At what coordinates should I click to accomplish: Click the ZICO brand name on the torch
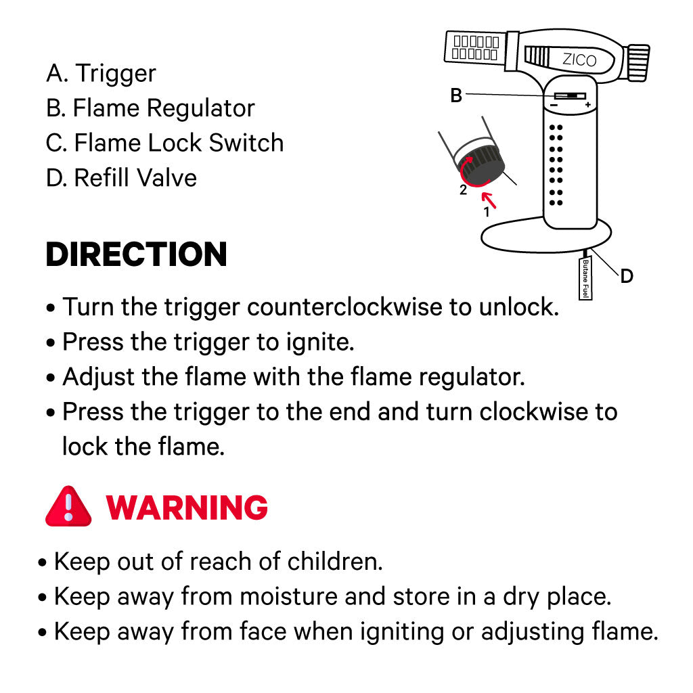click(x=579, y=60)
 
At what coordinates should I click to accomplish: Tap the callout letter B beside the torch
click(x=456, y=96)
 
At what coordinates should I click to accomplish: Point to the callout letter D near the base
click(x=627, y=275)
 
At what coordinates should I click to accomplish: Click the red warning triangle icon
click(x=68, y=507)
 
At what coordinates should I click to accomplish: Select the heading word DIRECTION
click(x=136, y=254)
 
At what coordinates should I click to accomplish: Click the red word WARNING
click(x=187, y=507)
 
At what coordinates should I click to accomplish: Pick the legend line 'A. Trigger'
click(x=101, y=73)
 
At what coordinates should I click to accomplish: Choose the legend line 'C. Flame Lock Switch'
click(x=165, y=143)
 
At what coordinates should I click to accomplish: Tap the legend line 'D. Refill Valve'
click(x=122, y=178)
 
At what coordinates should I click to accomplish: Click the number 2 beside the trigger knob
click(x=463, y=190)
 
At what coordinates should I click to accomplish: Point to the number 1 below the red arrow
click(x=486, y=212)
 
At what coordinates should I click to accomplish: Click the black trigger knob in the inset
click(x=482, y=164)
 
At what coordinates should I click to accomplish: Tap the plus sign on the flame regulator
click(x=588, y=105)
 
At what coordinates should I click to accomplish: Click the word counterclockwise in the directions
click(x=344, y=307)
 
